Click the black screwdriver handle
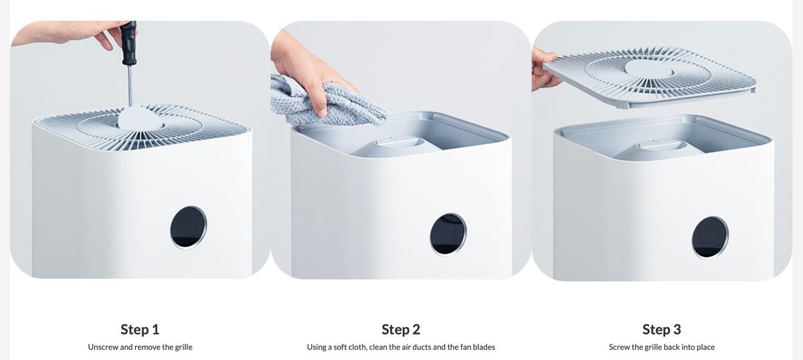129,42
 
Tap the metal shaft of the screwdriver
130,86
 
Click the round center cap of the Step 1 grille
141,118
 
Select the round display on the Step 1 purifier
188,227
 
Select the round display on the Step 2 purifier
448,234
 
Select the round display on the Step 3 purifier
710,237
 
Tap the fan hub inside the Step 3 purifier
660,145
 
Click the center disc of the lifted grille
650,68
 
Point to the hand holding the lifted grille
544,69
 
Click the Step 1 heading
140,329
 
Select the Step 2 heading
401,329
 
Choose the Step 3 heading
662,329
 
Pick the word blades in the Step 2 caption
484,347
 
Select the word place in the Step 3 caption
705,347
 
